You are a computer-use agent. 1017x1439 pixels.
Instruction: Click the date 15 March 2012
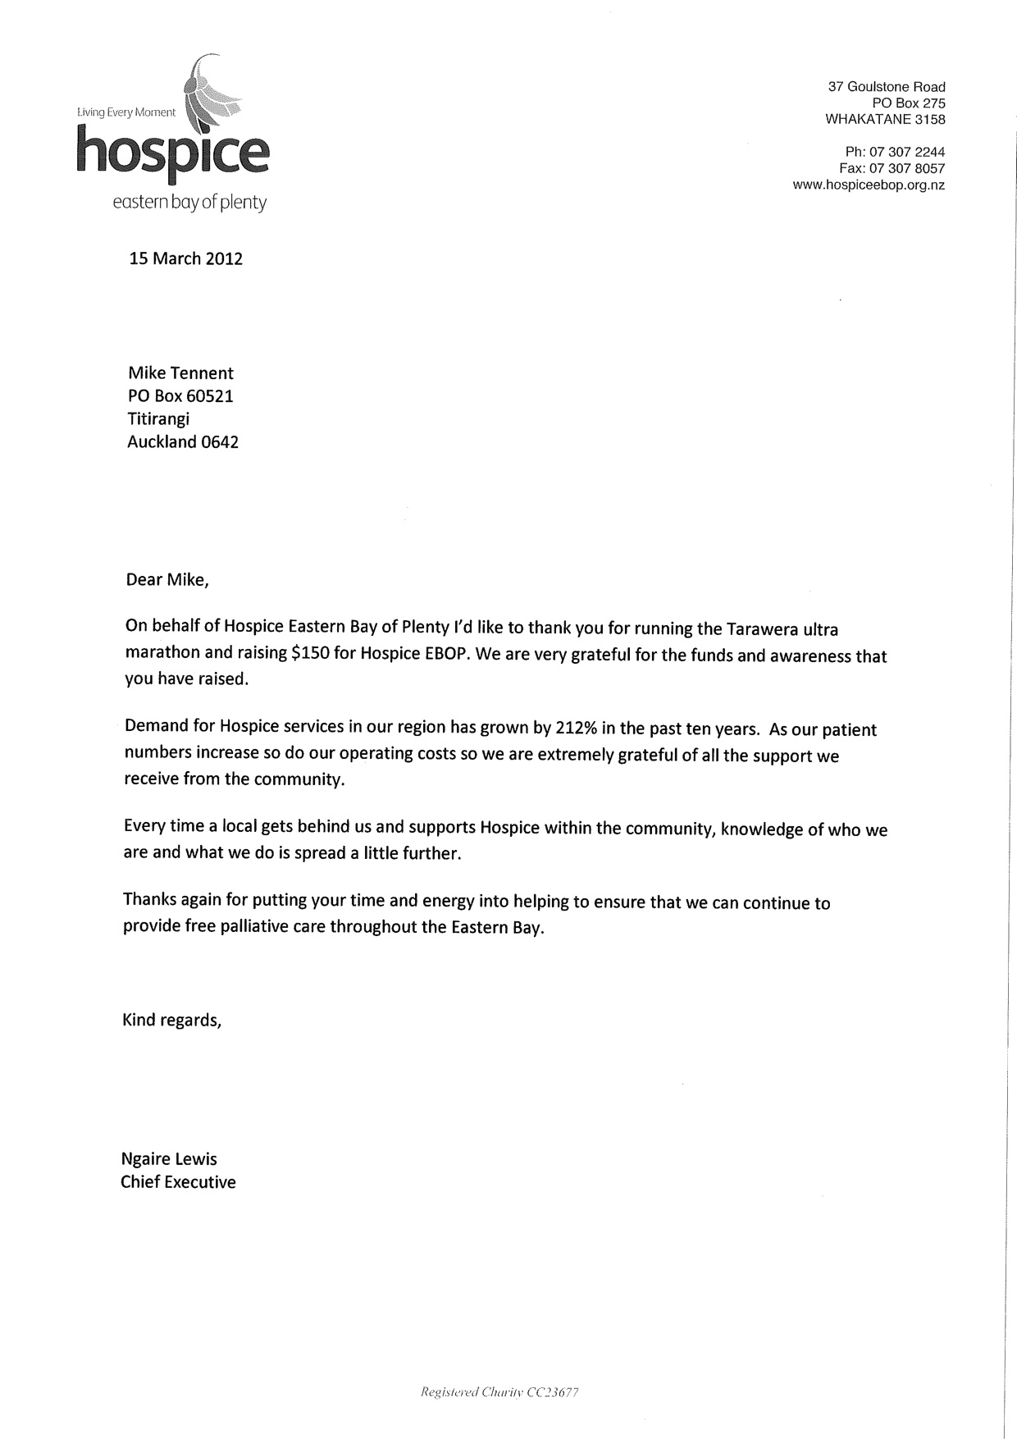pyautogui.click(x=186, y=259)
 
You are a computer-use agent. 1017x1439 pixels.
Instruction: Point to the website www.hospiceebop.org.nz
pyautogui.click(x=869, y=185)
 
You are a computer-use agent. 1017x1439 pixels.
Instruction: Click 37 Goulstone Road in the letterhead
pyautogui.click(x=887, y=87)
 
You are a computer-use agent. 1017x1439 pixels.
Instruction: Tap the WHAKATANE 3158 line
pyautogui.click(x=885, y=120)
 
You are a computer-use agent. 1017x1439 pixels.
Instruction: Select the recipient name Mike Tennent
pyautogui.click(x=180, y=373)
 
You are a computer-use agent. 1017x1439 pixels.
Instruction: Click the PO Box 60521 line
pyautogui.click(x=180, y=396)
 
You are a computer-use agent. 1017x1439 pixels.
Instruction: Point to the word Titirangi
pyautogui.click(x=158, y=419)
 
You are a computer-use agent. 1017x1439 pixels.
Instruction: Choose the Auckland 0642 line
pyautogui.click(x=183, y=442)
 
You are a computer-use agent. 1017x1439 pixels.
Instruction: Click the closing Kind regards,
pyautogui.click(x=171, y=1021)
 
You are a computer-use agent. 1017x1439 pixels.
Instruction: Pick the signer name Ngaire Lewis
pyautogui.click(x=169, y=1159)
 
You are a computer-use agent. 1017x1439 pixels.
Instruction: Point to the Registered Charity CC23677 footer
pyautogui.click(x=499, y=1392)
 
